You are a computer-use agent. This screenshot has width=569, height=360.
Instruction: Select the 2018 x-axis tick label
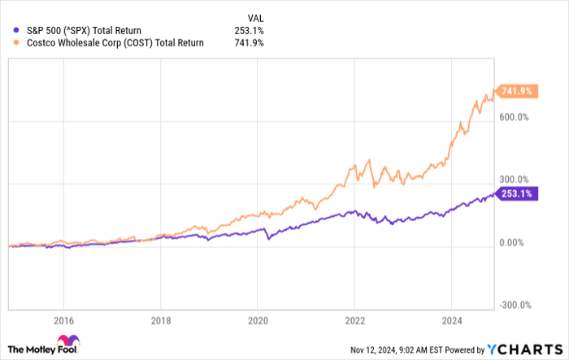coord(160,319)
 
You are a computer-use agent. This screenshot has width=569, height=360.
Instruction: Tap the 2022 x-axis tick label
coord(354,319)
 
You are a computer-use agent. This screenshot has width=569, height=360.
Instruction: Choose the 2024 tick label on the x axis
coord(451,319)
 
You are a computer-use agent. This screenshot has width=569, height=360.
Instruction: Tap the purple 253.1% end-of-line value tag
coord(515,193)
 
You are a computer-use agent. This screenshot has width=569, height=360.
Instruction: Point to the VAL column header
coord(255,17)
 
